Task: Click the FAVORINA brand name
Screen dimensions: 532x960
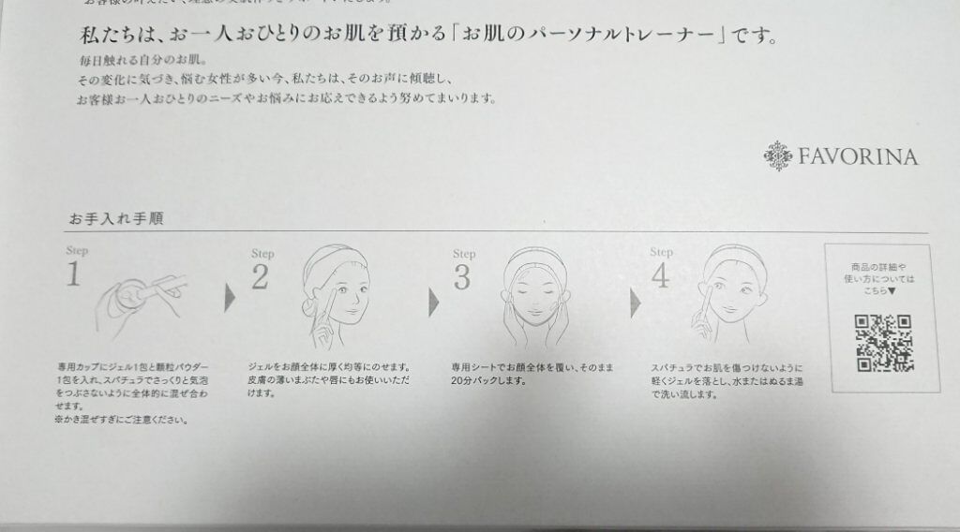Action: (x=858, y=155)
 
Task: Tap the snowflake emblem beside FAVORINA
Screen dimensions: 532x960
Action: (x=779, y=155)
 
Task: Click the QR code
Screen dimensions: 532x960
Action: (x=882, y=343)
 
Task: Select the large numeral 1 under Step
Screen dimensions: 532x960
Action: (x=74, y=274)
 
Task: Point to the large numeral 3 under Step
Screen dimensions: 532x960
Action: (x=462, y=277)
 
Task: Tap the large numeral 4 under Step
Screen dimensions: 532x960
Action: (x=662, y=275)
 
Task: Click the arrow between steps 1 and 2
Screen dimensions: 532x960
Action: (x=229, y=301)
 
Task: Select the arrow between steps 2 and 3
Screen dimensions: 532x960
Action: (x=433, y=302)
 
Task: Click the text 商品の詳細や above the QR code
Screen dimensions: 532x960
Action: (x=881, y=268)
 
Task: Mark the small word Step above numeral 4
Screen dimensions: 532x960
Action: (x=661, y=252)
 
